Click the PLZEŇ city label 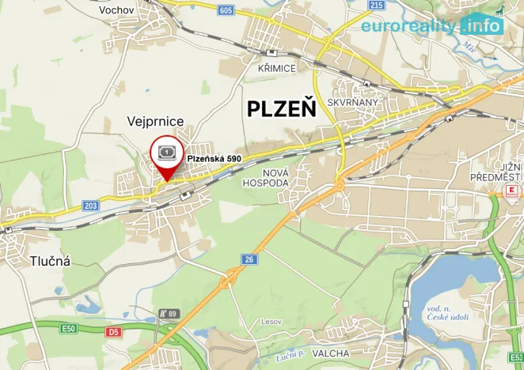click(x=281, y=108)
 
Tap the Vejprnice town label click(x=156, y=121)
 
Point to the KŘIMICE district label click(x=277, y=69)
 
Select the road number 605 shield click(x=226, y=10)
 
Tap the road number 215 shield click(x=376, y=5)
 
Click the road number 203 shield click(x=91, y=206)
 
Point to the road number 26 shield click(x=250, y=259)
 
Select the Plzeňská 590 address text click(x=214, y=159)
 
